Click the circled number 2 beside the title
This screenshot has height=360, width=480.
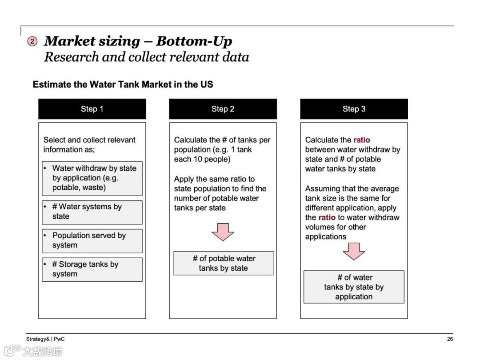32,41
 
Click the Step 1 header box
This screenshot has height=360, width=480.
92,109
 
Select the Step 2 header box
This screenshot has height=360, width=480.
223,109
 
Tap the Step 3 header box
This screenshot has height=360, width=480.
354,109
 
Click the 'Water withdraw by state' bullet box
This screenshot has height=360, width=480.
92,178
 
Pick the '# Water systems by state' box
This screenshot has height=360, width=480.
92,212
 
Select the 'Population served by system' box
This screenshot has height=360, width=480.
92,240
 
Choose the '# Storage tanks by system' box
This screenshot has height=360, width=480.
92,269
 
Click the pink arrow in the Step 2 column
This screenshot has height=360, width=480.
223,232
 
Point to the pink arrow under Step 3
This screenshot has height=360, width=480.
354,251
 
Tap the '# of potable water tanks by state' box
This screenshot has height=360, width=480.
224,263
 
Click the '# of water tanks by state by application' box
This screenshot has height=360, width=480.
354,287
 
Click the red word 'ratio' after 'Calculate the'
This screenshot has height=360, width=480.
361,140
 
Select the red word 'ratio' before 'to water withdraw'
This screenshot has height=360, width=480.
327,217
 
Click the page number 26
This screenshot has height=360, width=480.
450,339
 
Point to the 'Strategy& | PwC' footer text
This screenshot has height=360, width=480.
45,339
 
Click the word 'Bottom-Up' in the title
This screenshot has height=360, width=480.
194,41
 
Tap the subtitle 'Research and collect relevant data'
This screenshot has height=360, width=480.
146,57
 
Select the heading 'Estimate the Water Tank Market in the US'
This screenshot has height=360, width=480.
123,84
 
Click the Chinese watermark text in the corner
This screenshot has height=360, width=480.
42,351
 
